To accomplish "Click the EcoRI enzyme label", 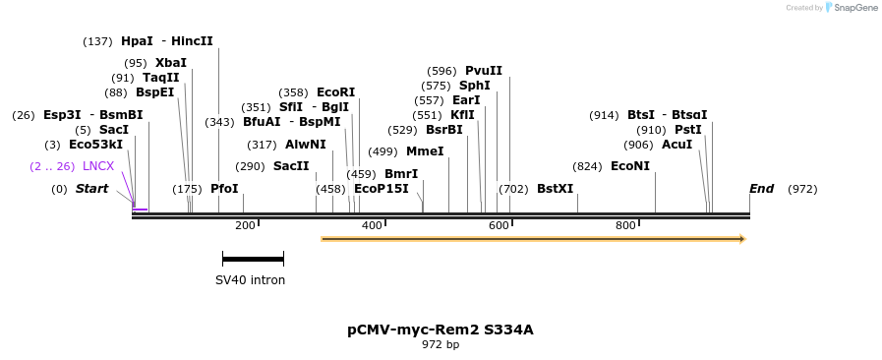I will pyautogui.click(x=335, y=92).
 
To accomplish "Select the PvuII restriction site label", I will pyautogui.click(x=483, y=71).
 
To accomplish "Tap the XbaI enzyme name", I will pyautogui.click(x=170, y=63).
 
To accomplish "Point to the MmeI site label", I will pyautogui.click(x=425, y=151).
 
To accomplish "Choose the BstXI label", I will pyautogui.click(x=555, y=189).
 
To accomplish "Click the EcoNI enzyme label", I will pyautogui.click(x=629, y=166).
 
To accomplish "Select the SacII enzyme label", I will pyautogui.click(x=291, y=166).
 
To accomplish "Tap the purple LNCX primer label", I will pyautogui.click(x=98, y=166).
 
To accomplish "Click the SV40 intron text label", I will pyautogui.click(x=250, y=280).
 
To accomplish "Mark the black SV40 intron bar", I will pyautogui.click(x=253, y=259).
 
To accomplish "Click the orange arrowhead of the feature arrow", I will pyautogui.click(x=742, y=239).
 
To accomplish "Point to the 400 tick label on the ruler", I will pyautogui.click(x=372, y=226).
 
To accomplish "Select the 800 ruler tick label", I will pyautogui.click(x=625, y=226).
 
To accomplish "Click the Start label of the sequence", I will pyautogui.click(x=91, y=189).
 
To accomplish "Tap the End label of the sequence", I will pyautogui.click(x=761, y=189).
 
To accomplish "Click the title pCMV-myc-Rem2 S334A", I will pyautogui.click(x=440, y=330).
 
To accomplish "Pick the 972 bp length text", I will pyautogui.click(x=440, y=345).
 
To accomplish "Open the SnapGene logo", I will pyautogui.click(x=851, y=8).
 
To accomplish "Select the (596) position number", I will pyautogui.click(x=442, y=71).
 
